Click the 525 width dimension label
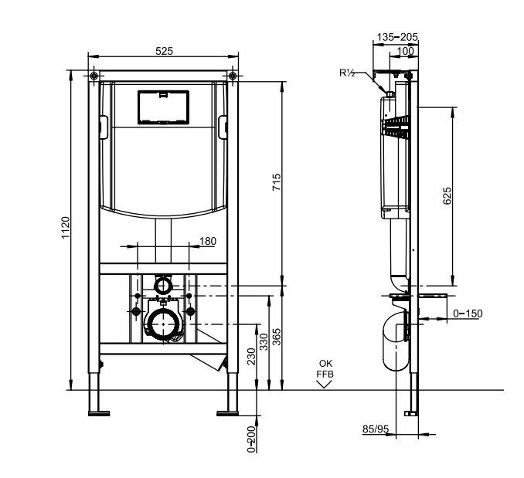[x=164, y=51]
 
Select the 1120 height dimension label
[x=66, y=228]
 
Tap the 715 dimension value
[x=277, y=182]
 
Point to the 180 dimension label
[x=208, y=241]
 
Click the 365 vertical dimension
[x=277, y=337]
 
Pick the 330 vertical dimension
[x=264, y=342]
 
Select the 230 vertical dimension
[x=251, y=357]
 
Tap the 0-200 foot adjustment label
[x=251, y=439]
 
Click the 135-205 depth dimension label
[x=397, y=37]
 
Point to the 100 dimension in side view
[x=406, y=51]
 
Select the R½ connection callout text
[x=347, y=73]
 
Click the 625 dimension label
[x=447, y=196]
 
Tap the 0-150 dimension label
[x=468, y=314]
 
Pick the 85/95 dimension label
[x=376, y=429]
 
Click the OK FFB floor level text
[x=325, y=369]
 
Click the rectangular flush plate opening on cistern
[x=163, y=107]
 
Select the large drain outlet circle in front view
[x=163, y=324]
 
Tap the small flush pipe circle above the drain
[x=163, y=286]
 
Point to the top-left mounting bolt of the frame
[x=94, y=76]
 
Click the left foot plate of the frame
[x=99, y=413]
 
